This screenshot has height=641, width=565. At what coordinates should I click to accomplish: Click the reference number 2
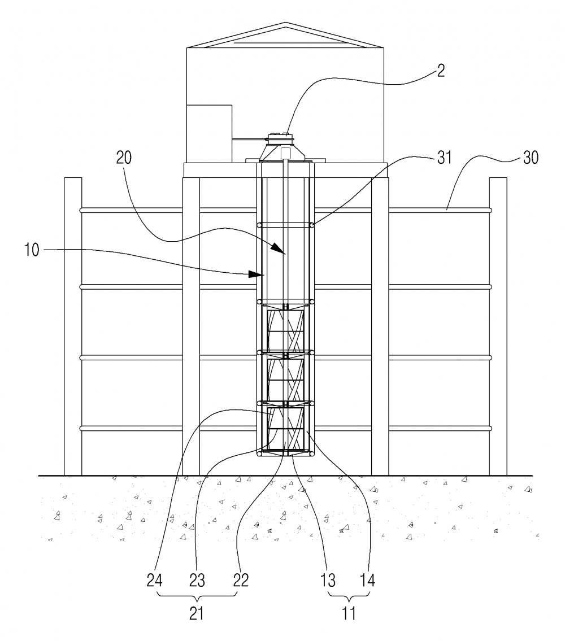tap(440, 71)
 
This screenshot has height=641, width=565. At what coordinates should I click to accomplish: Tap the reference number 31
tap(444, 158)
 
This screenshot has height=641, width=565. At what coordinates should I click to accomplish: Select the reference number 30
tap(531, 158)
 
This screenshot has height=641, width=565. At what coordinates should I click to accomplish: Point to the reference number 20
tap(124, 158)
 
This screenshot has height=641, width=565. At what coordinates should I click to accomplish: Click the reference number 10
tap(32, 250)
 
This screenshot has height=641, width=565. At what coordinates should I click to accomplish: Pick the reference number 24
tap(154, 580)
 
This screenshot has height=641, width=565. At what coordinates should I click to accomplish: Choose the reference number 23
tap(197, 580)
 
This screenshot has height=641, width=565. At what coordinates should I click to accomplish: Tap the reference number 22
tap(241, 580)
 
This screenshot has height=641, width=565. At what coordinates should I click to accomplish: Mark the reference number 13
tap(327, 580)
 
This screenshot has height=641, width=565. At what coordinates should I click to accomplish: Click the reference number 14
tap(367, 580)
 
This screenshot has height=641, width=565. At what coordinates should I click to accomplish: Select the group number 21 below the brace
tap(197, 613)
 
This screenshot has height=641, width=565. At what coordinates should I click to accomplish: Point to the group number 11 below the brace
tap(349, 613)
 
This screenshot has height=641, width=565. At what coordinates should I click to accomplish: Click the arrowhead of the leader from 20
tap(280, 249)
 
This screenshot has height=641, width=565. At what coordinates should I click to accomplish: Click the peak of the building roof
tap(285, 23)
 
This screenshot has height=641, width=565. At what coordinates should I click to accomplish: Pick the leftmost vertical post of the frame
tap(73, 326)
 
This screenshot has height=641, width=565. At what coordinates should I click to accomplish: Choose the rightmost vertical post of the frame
tap(498, 326)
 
